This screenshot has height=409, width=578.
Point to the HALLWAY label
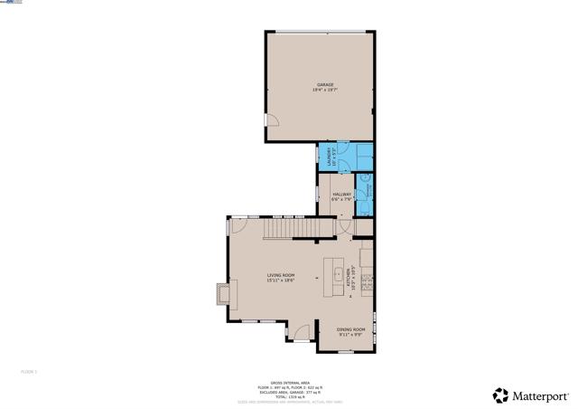(341, 195)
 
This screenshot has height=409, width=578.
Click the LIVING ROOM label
(280, 275)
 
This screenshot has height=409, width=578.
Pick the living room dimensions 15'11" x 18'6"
(280, 281)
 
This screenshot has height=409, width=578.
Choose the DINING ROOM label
(350, 328)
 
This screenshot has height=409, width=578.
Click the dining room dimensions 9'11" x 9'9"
(350, 334)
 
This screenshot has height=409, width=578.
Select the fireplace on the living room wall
(220, 295)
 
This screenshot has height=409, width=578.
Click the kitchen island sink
(338, 273)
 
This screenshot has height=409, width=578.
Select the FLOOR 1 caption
(29, 371)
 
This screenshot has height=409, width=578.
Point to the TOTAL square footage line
(289, 396)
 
